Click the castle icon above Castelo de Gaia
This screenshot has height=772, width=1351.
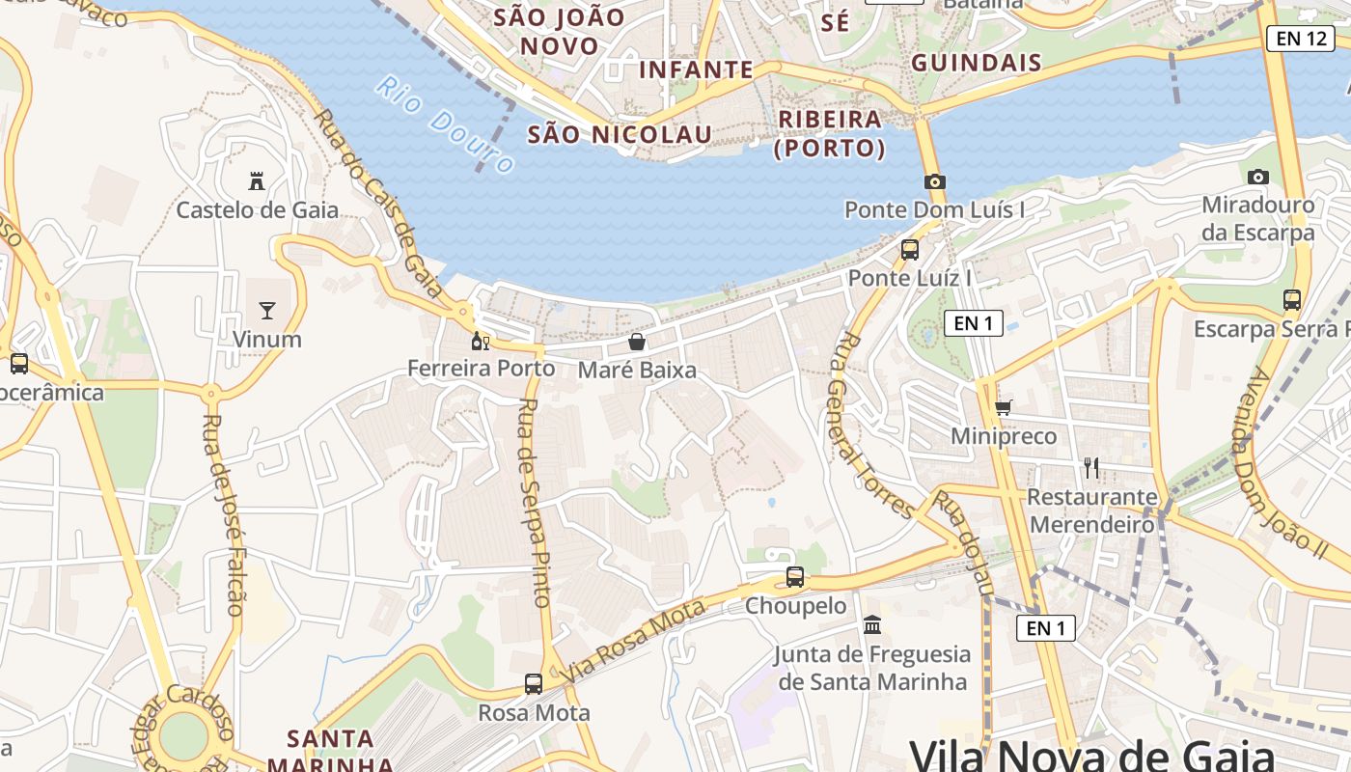[x=257, y=180]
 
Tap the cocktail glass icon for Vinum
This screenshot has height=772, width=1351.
[x=267, y=310]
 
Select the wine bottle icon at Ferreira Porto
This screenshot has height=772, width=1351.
[x=480, y=341]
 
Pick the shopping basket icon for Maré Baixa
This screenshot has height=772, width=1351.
[x=637, y=342]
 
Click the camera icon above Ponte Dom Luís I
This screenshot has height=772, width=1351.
[x=934, y=181]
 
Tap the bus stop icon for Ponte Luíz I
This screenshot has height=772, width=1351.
[x=909, y=250]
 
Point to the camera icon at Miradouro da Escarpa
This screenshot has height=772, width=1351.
[x=1257, y=177]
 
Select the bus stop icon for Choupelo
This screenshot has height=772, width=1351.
[x=795, y=577]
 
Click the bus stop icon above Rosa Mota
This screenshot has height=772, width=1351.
[x=534, y=684]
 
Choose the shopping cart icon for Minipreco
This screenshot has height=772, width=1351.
[x=1004, y=408]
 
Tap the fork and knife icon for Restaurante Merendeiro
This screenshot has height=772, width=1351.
[x=1091, y=468]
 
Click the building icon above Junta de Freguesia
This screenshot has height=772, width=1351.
[x=872, y=625]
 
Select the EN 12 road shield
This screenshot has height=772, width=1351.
[x=1301, y=39]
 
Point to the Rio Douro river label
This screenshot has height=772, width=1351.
[x=445, y=124]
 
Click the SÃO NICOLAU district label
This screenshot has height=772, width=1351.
[x=620, y=134]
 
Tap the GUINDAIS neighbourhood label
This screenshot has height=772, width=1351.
[x=977, y=64]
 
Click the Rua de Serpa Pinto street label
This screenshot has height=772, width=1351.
[x=534, y=502]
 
